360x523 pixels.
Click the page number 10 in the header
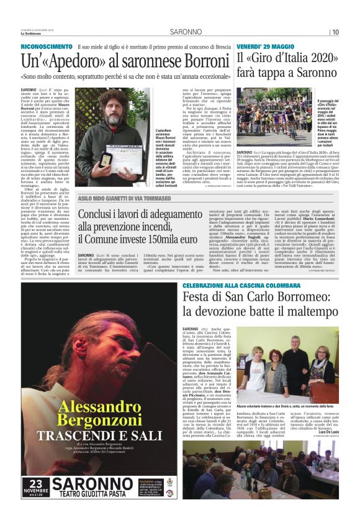pos(335,32)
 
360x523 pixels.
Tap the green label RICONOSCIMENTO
pos(47,47)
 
